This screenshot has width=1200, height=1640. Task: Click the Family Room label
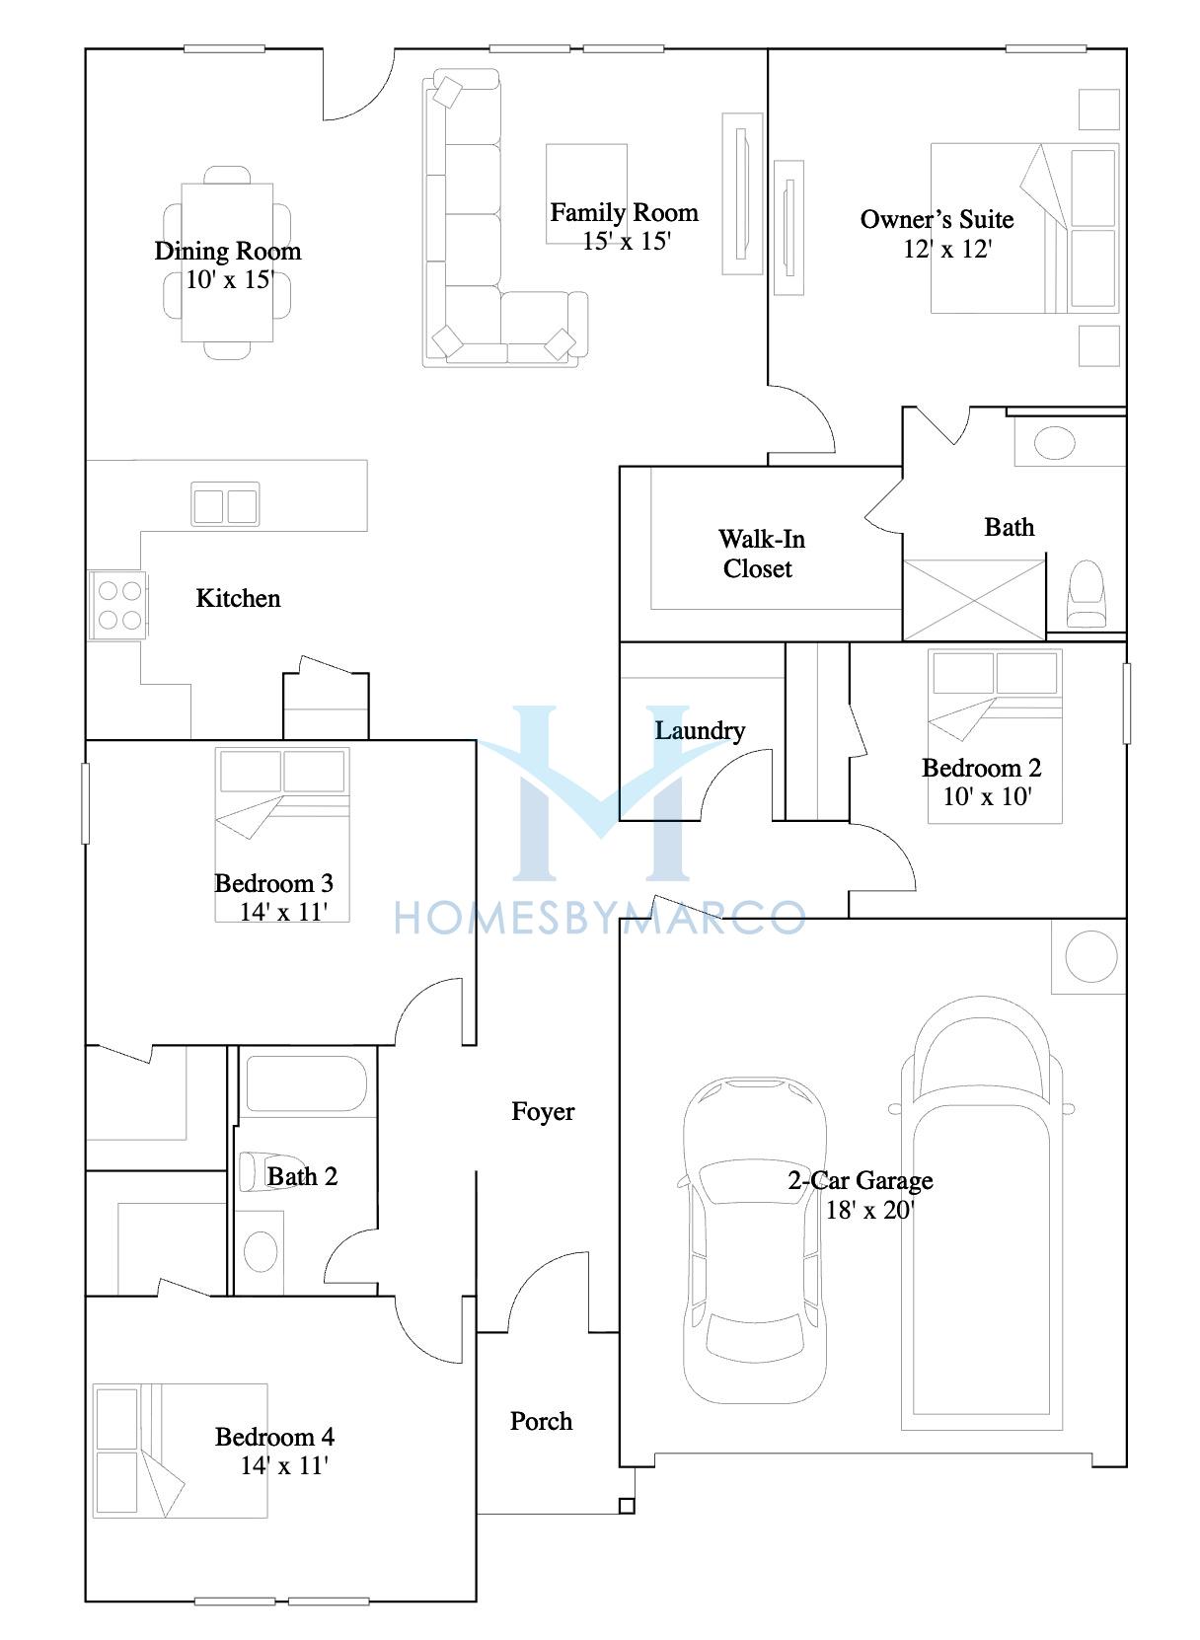click(624, 212)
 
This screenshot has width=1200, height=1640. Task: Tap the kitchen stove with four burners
click(117, 605)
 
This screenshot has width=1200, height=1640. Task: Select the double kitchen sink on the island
click(225, 503)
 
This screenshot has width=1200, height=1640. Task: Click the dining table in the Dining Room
click(227, 262)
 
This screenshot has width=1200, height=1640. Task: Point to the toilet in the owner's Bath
click(1086, 594)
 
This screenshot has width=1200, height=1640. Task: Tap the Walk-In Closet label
click(761, 554)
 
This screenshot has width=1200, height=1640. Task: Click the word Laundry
click(700, 730)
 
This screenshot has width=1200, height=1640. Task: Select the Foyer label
click(543, 1111)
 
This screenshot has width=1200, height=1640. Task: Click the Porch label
click(541, 1421)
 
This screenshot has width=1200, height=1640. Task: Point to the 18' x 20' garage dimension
click(869, 1210)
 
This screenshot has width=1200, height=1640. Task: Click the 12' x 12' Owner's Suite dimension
click(947, 249)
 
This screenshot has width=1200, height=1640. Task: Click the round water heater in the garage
click(1090, 956)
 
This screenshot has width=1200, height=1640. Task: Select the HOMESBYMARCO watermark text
click(600, 918)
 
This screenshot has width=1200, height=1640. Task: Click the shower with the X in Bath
click(974, 600)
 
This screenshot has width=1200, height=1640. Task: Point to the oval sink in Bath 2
click(260, 1251)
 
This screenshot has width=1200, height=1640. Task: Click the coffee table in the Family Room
click(586, 194)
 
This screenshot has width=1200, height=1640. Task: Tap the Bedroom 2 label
click(981, 768)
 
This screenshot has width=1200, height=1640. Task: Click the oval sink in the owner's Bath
click(1054, 442)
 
